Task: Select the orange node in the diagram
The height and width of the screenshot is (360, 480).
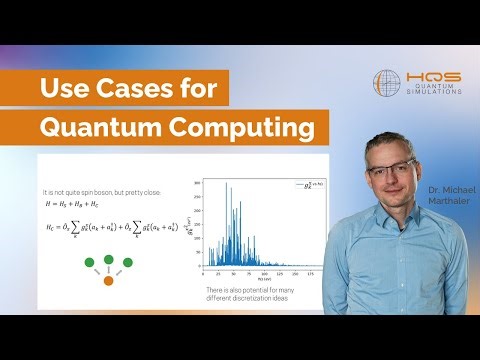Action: click(109, 281)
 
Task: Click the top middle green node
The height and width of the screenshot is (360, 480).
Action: click(109, 260)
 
